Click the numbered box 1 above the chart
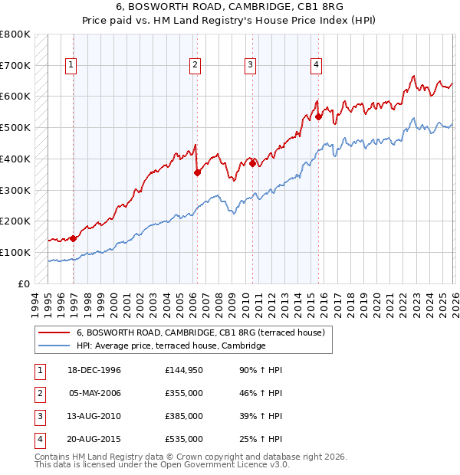coord(71,66)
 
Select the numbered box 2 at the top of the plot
coord(195,66)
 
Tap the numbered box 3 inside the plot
coord(250,66)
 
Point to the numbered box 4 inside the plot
coord(316,66)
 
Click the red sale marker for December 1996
coord(74,238)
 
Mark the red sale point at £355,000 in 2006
coord(197,173)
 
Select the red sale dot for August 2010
coord(252,163)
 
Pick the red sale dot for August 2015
coord(318,116)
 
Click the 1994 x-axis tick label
coord(35,301)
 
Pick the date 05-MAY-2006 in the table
coord(95,394)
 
